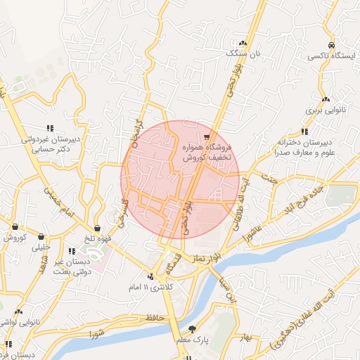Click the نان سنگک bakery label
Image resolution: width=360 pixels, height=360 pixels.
click(247, 53)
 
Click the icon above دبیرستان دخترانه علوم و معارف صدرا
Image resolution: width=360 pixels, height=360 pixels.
click(304, 131)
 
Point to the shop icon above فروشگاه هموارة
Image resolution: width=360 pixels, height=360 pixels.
click(206, 136)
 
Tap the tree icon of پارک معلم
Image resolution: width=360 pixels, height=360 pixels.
click(192, 328)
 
